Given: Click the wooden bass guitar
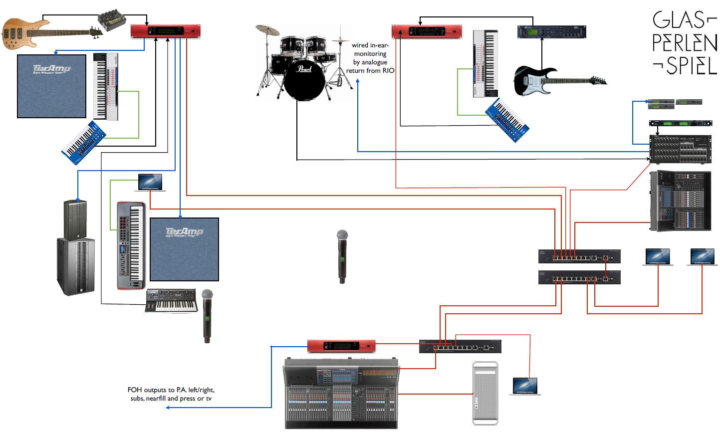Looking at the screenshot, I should click(30, 34).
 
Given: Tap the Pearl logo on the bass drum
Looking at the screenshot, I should click(304, 69).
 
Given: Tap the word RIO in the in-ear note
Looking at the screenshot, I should click(388, 71).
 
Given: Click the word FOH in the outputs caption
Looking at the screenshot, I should click(135, 390).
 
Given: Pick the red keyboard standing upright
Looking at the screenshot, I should click(131, 245).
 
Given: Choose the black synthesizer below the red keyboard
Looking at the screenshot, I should click(171, 301).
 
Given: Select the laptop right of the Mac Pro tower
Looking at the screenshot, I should click(525, 386).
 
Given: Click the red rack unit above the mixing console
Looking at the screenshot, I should click(341, 346).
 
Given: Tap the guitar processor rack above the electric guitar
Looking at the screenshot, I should click(551, 32).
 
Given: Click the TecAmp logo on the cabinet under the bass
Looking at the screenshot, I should click(52, 68).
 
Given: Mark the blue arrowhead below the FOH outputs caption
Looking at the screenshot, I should click(168, 408).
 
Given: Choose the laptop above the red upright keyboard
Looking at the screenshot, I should click(150, 183).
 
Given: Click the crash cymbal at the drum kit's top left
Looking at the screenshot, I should click(267, 30).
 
